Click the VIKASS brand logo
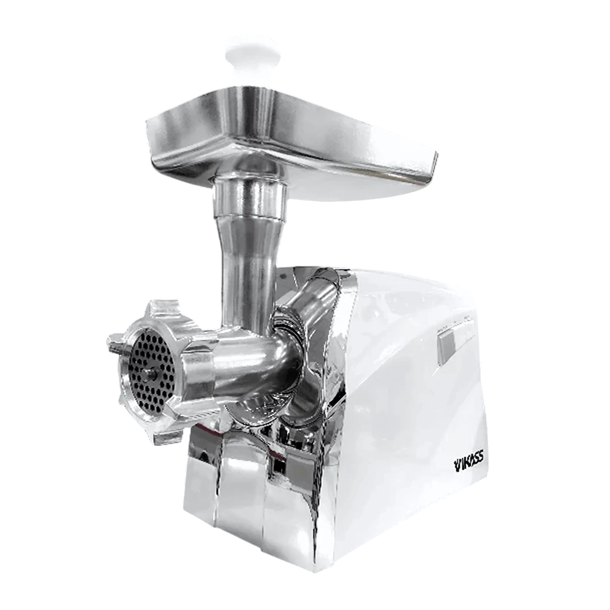pyautogui.click(x=468, y=464)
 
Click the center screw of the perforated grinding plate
pyautogui.click(x=151, y=375)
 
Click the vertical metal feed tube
pyautogui.click(x=245, y=268)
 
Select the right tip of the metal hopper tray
pyautogui.click(x=437, y=156)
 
